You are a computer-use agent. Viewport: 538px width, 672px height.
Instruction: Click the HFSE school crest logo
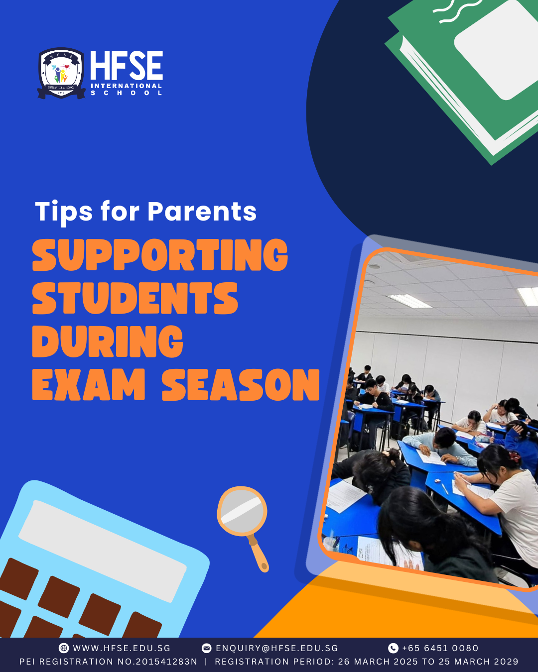point(61,73)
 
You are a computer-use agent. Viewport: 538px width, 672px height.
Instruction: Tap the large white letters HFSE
point(127,66)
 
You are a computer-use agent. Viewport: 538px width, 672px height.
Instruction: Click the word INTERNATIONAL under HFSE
point(127,86)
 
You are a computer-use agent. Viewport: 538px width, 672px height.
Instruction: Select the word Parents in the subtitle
point(202,212)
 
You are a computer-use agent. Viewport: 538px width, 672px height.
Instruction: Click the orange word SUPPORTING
point(160,255)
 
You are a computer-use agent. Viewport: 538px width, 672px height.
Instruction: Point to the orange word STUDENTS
point(135,298)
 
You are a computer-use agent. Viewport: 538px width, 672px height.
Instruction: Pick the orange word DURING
point(108,341)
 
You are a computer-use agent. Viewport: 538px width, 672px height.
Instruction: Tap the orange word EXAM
point(89,384)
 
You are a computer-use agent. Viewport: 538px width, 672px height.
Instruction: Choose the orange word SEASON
point(241,384)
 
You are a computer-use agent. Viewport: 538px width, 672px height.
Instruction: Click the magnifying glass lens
point(242,512)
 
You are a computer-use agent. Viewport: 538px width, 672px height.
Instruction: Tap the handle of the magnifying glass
point(258,553)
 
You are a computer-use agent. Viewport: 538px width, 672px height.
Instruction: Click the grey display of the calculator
point(102,551)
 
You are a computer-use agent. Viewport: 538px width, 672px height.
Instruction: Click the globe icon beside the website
point(64,648)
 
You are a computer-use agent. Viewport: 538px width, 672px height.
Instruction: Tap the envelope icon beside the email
point(206,648)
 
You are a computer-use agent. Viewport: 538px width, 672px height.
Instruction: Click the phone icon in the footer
point(393,648)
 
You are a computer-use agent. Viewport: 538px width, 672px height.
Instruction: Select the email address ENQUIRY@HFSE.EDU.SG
point(277,648)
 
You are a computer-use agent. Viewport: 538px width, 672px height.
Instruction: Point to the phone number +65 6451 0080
point(440,648)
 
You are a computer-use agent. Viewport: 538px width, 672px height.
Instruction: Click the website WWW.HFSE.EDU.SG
point(122,648)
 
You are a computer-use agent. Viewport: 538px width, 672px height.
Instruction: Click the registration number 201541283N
point(166,662)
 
